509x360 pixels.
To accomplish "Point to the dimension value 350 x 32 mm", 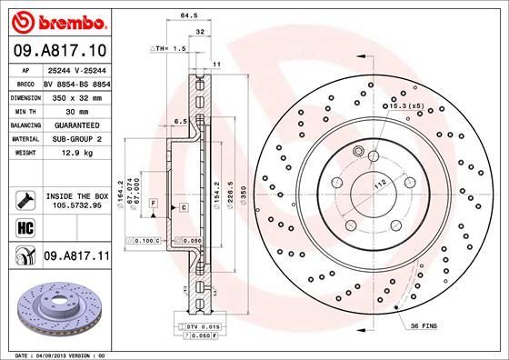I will tap(77, 96).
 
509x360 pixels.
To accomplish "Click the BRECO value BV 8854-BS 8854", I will tap(76, 83).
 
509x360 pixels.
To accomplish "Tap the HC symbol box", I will tap(21, 227).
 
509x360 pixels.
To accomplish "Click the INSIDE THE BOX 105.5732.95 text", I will tap(77, 200).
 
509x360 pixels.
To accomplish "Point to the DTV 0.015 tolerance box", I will tap(195, 325).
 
